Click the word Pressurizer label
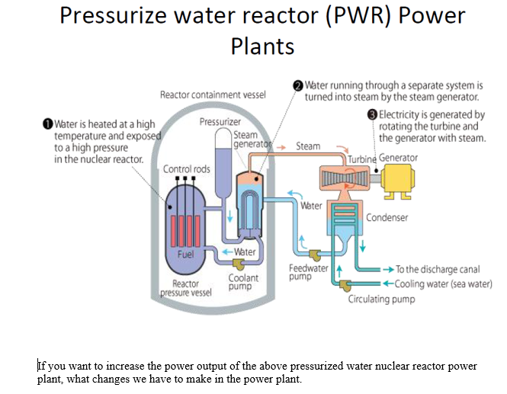coord(220,121)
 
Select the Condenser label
coord(387,217)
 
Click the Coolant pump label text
coord(240,282)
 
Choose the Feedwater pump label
coord(308,272)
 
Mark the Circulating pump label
coord(381,299)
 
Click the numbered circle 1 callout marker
coord(47,123)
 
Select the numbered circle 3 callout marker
coord(372,115)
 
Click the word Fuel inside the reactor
coord(185,254)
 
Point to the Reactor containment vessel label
coord(212,95)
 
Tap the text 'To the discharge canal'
coord(438,270)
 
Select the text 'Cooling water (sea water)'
coord(444,283)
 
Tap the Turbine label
coord(361,159)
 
